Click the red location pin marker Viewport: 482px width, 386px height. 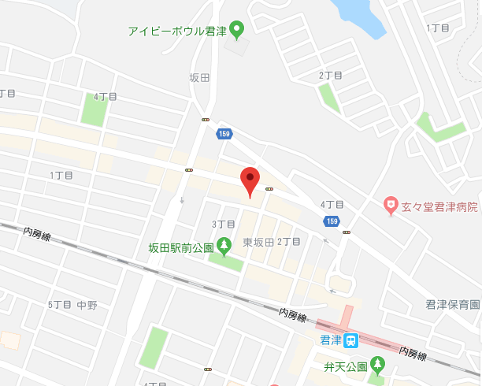click(x=250, y=180)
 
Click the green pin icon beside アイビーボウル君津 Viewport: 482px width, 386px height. click(x=236, y=31)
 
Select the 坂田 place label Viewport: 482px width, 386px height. click(x=200, y=77)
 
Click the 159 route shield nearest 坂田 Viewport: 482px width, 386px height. click(x=224, y=135)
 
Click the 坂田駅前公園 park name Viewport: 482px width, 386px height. click(x=181, y=247)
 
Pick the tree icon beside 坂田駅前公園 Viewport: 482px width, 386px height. click(x=224, y=247)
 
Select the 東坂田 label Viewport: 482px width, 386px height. click(x=258, y=242)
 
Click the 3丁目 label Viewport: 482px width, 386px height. click(x=224, y=225)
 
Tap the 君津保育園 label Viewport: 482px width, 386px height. click(x=452, y=304)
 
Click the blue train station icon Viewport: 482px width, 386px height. click(x=350, y=340)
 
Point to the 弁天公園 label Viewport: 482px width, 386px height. click(x=345, y=366)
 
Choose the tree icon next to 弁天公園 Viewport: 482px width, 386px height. click(x=378, y=365)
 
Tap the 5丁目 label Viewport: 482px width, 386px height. click(x=59, y=304)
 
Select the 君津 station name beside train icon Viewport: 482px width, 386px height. click(x=330, y=340)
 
